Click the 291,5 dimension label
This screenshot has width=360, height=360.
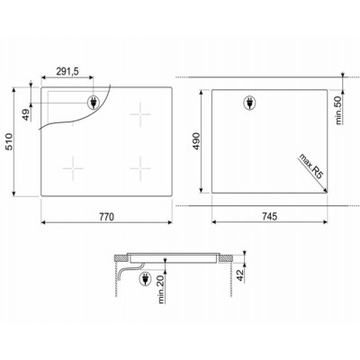[x=67, y=71]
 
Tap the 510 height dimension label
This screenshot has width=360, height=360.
[x=9, y=141]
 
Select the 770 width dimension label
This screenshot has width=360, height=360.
[x=106, y=217]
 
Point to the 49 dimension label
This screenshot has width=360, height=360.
[x=27, y=114]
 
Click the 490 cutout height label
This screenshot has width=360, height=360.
[x=196, y=140]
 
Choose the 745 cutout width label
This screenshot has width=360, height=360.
[x=269, y=216]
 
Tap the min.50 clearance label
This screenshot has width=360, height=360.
[x=338, y=111]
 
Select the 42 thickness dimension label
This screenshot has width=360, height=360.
[x=240, y=275]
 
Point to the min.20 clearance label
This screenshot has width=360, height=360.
[x=161, y=289]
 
